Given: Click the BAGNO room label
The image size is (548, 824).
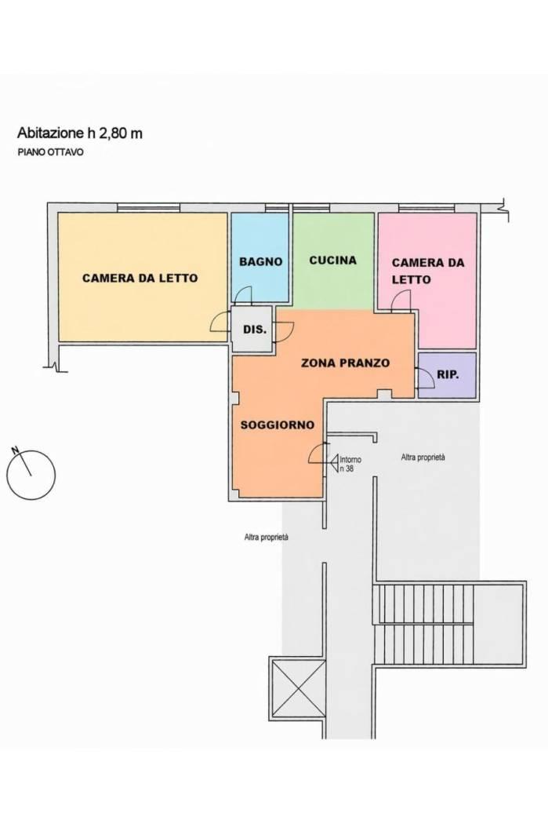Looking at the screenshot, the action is (x=260, y=261).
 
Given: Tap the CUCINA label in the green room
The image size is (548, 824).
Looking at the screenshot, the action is (x=332, y=260).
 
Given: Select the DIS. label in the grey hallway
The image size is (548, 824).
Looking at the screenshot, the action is (x=255, y=330).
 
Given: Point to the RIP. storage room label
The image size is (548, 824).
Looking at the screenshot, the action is (x=448, y=374).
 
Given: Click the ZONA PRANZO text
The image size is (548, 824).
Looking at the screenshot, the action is (x=346, y=363).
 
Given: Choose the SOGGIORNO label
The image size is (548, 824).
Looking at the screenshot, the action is (x=278, y=425).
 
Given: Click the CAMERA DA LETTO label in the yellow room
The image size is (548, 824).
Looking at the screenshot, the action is (x=140, y=278).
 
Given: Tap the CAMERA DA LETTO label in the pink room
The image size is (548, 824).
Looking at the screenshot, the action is (x=428, y=271).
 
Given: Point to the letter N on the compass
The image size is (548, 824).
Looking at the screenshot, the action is (x=15, y=450).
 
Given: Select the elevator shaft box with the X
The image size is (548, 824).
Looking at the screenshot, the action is (x=297, y=687).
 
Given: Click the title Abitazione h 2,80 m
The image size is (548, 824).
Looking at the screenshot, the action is (x=80, y=133).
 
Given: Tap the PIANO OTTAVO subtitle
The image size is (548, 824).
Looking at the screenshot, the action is (x=50, y=153).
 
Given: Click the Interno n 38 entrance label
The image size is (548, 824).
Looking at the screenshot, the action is (x=350, y=464).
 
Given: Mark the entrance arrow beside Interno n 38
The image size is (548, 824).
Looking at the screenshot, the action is (x=334, y=461).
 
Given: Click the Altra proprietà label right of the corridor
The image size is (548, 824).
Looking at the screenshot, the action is (x=423, y=458).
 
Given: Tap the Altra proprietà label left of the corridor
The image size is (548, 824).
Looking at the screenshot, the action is (x=266, y=538).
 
